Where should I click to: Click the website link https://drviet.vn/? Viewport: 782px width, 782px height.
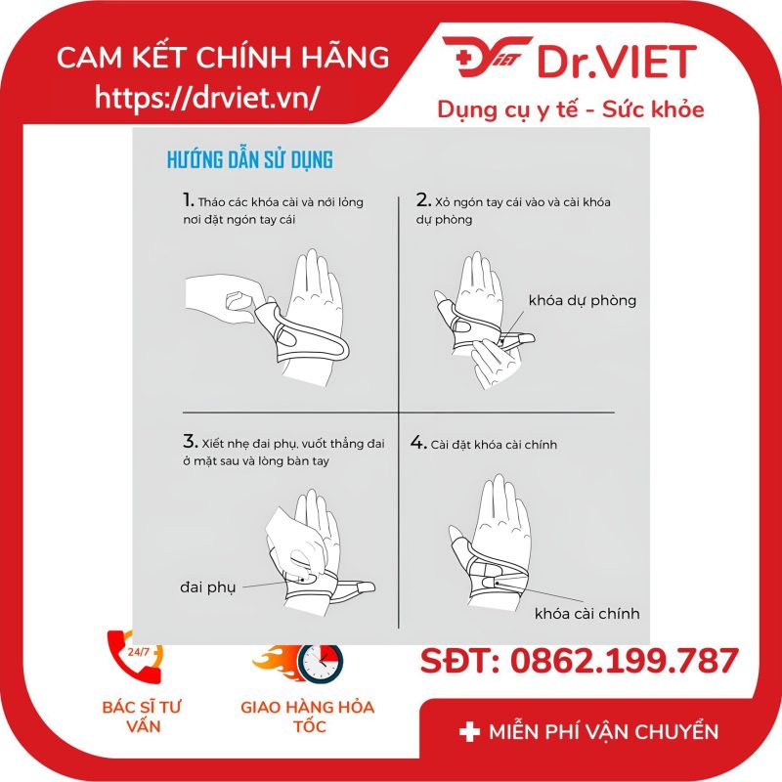click(206, 97)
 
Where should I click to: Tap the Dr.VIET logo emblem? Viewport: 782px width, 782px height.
click(486, 57)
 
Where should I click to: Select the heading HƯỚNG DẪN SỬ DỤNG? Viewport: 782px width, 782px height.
click(250, 160)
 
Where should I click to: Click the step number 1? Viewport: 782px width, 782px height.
click(188, 200)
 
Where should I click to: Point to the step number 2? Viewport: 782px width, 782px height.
click(423, 200)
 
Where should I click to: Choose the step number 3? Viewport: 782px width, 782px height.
click(190, 442)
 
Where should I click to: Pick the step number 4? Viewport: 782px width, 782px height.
click(418, 443)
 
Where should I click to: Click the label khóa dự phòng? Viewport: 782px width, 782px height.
click(583, 301)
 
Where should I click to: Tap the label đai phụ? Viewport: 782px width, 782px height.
click(207, 587)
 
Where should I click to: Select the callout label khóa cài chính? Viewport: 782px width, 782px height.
click(587, 614)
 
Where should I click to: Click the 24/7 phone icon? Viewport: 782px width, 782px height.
click(136, 655)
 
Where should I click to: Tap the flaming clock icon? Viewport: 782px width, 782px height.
click(299, 663)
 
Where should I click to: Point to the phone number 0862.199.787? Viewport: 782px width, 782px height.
click(624, 661)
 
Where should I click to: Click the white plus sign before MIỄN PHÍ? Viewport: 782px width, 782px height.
click(469, 732)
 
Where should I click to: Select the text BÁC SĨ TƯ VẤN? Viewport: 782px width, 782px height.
click(142, 717)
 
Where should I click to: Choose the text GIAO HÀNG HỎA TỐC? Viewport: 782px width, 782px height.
click(308, 717)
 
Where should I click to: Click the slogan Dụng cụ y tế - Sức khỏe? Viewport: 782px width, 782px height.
click(571, 109)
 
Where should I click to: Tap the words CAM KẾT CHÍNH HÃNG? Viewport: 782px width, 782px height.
click(223, 57)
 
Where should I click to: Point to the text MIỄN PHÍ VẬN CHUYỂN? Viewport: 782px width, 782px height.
click(604, 732)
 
